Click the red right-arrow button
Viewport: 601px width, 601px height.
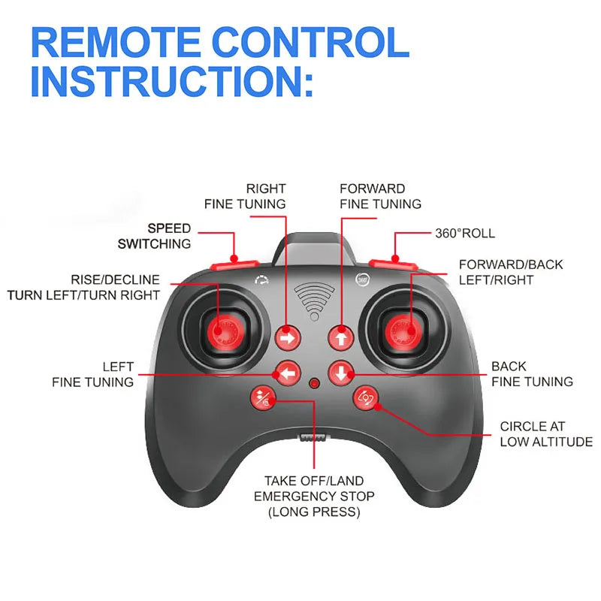(287, 339)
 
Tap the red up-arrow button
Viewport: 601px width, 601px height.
(340, 339)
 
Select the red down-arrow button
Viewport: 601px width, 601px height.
(340, 372)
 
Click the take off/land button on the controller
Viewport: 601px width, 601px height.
(264, 400)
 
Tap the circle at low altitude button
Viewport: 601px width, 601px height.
(366, 398)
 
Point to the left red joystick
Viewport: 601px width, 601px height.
(223, 330)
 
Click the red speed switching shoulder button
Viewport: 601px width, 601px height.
(234, 264)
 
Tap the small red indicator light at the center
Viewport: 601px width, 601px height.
(314, 384)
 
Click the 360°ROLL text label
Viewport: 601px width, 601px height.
(465, 234)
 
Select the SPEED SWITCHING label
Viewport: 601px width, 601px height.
(154, 236)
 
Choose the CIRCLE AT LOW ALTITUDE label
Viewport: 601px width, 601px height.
(545, 434)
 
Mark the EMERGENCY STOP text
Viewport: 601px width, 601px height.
(314, 497)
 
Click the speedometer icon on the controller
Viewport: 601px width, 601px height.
(261, 281)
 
